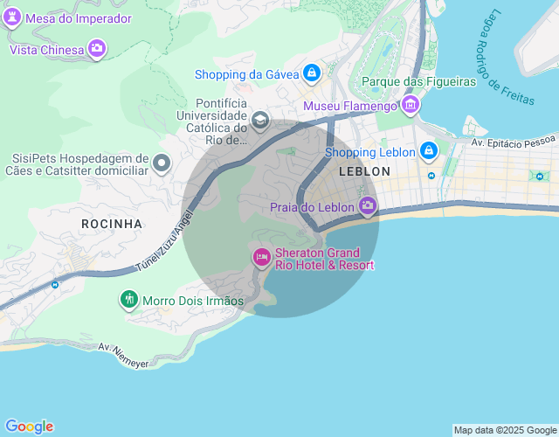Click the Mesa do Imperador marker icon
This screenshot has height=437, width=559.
[x=12, y=18]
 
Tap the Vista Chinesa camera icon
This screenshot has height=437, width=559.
[x=97, y=49]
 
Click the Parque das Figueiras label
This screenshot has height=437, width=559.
[x=418, y=81]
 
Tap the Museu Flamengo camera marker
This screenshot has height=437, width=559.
[x=411, y=106]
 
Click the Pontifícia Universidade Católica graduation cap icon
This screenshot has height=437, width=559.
[x=259, y=119]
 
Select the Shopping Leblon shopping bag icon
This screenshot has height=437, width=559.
[x=428, y=151]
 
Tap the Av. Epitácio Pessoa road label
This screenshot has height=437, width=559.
[x=513, y=141]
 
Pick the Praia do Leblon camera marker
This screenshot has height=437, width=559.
[x=368, y=206]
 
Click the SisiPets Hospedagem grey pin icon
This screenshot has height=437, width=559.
[x=162, y=163]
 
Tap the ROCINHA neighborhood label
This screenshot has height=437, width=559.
[x=111, y=224]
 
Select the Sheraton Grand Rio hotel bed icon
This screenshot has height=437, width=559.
[x=260, y=257]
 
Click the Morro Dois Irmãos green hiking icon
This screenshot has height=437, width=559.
[x=129, y=300]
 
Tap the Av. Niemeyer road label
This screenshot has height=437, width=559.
[x=124, y=354]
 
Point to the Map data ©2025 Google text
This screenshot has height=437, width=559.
[x=505, y=430]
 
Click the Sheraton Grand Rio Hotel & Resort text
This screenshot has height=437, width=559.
[x=324, y=259]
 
